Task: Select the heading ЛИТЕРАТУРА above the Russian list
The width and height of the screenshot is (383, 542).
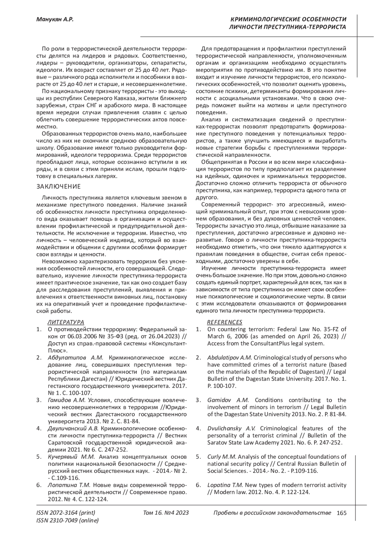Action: click(x=66, y=322)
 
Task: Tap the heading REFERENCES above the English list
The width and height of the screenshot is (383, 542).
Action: click(x=225, y=322)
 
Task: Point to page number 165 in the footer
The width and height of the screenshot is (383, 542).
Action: click(x=341, y=513)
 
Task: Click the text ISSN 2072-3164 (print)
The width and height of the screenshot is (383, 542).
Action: click(x=66, y=513)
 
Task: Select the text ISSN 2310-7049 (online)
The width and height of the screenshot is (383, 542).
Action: click(x=68, y=521)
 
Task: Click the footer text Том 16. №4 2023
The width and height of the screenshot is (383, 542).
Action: click(x=166, y=513)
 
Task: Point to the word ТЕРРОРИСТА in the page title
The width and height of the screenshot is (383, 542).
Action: click(x=326, y=27)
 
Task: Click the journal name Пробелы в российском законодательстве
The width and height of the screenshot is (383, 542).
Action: click(x=272, y=513)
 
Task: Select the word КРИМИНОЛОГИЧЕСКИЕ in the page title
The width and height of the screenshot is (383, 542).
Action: click(x=263, y=19)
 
